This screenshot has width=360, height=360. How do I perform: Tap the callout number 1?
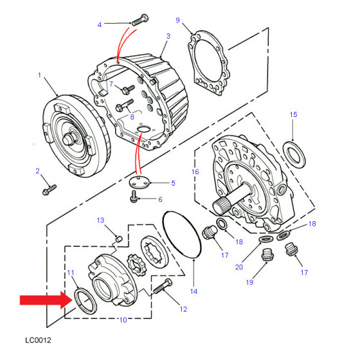click(39, 75)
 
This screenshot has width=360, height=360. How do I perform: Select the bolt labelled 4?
click(140, 19)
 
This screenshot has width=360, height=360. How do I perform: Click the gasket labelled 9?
click(208, 62)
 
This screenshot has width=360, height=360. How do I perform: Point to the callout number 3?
click(168, 36)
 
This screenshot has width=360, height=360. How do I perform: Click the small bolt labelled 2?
click(50, 190)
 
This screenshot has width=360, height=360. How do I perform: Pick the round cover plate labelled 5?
click(139, 183)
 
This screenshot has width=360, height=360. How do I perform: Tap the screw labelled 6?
click(134, 197)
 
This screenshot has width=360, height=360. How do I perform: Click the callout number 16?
click(195, 172)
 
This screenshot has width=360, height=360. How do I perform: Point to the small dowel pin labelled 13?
click(119, 239)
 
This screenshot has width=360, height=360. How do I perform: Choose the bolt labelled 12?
click(163, 286)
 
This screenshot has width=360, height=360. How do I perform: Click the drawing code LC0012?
click(38, 340)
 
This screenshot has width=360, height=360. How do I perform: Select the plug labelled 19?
click(267, 254)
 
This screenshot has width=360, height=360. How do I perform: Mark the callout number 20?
click(239, 267)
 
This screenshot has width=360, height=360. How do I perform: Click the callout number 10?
click(123, 320)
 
